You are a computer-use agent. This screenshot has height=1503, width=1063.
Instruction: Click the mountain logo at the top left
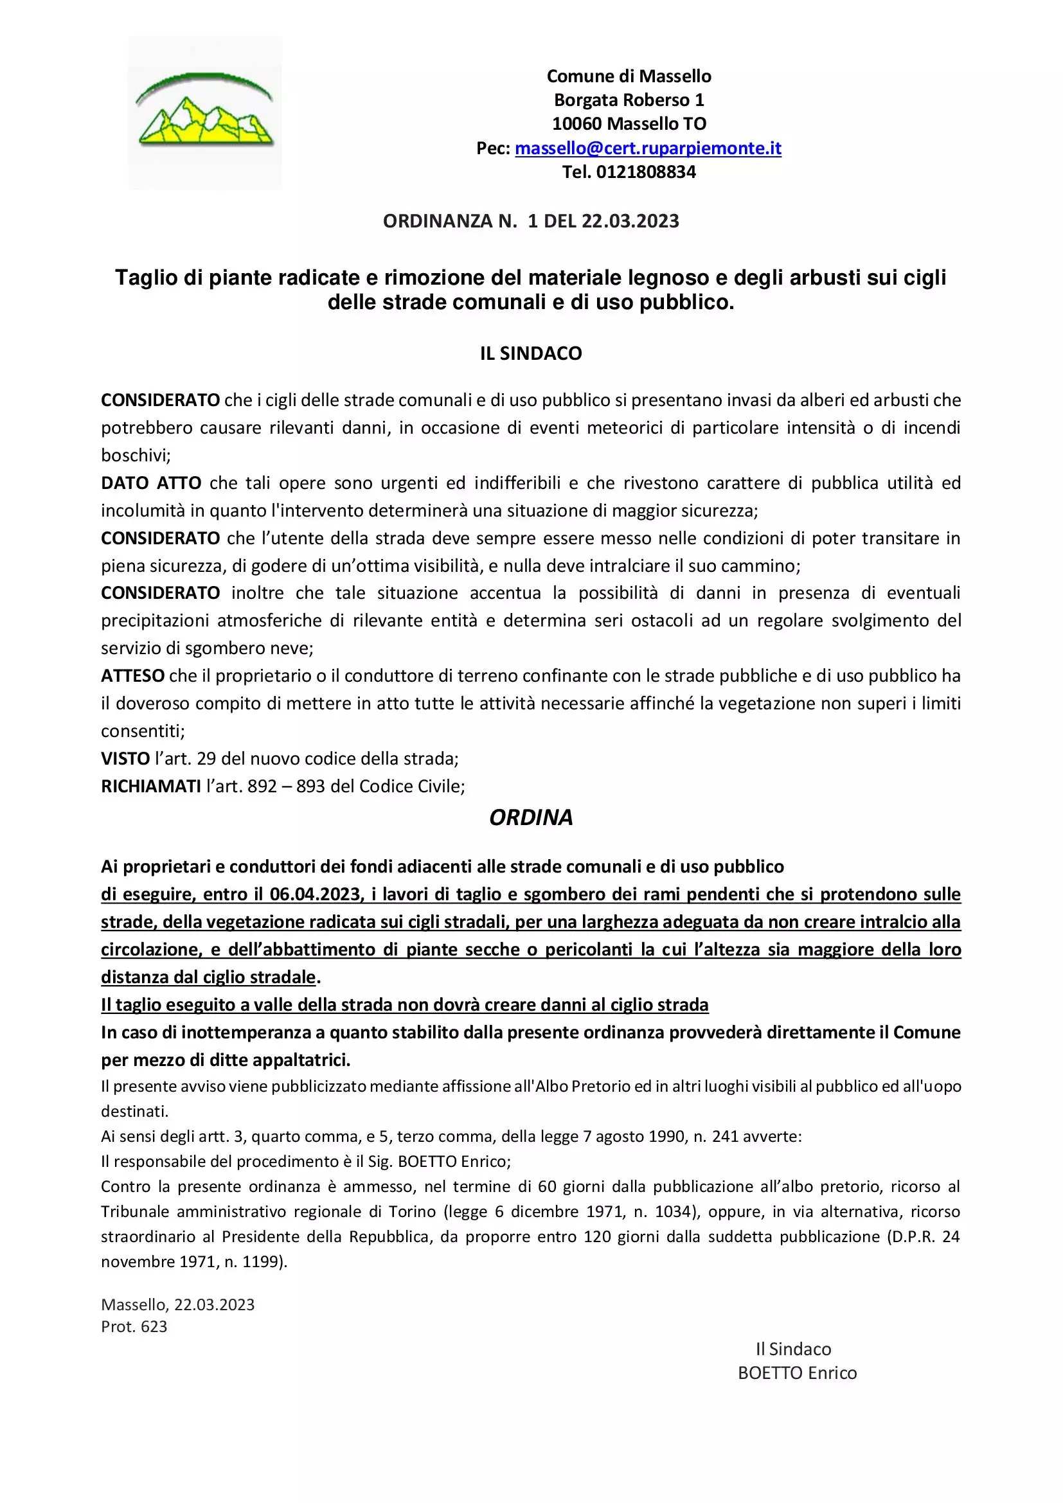[205, 113]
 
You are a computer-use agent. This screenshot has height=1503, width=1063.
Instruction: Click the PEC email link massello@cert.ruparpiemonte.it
[648, 148]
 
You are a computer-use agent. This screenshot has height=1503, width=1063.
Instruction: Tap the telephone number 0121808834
[645, 172]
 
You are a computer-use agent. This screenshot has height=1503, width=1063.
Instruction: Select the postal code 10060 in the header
[576, 124]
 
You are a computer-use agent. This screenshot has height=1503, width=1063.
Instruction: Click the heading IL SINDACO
[531, 353]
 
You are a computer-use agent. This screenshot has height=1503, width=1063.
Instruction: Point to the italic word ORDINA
[531, 817]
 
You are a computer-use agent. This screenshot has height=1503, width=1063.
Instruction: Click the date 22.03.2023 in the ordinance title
[630, 221]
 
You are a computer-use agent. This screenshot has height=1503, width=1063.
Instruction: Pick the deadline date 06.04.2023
[316, 894]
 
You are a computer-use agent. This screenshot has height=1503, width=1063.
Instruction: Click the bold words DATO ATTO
[151, 483]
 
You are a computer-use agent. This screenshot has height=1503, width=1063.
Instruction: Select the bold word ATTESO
[133, 675]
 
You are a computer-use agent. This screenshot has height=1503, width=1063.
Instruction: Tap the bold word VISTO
[126, 759]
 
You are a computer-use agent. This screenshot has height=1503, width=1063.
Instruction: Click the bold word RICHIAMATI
[151, 786]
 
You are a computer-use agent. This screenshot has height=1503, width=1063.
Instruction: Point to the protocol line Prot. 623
[134, 1326]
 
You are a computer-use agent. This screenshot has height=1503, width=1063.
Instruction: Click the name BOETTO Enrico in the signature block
[796, 1373]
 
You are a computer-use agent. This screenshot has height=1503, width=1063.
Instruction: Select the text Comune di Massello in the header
[629, 76]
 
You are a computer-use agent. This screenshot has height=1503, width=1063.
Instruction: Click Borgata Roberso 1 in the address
[629, 100]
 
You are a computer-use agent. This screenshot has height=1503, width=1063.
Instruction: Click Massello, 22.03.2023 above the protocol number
[177, 1304]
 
